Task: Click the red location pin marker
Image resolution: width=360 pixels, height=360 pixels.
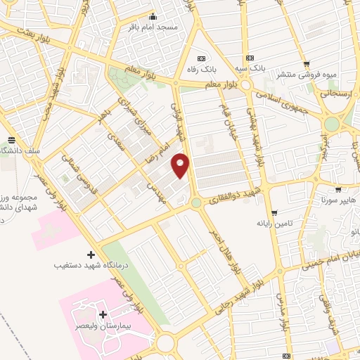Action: (181, 165)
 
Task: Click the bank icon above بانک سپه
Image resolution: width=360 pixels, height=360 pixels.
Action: (247, 58)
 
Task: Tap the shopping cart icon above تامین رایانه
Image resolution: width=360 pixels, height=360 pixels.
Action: (274, 212)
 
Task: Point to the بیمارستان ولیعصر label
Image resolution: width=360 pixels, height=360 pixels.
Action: (103, 327)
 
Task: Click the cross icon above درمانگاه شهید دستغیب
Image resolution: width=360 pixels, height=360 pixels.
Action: (90, 254)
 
